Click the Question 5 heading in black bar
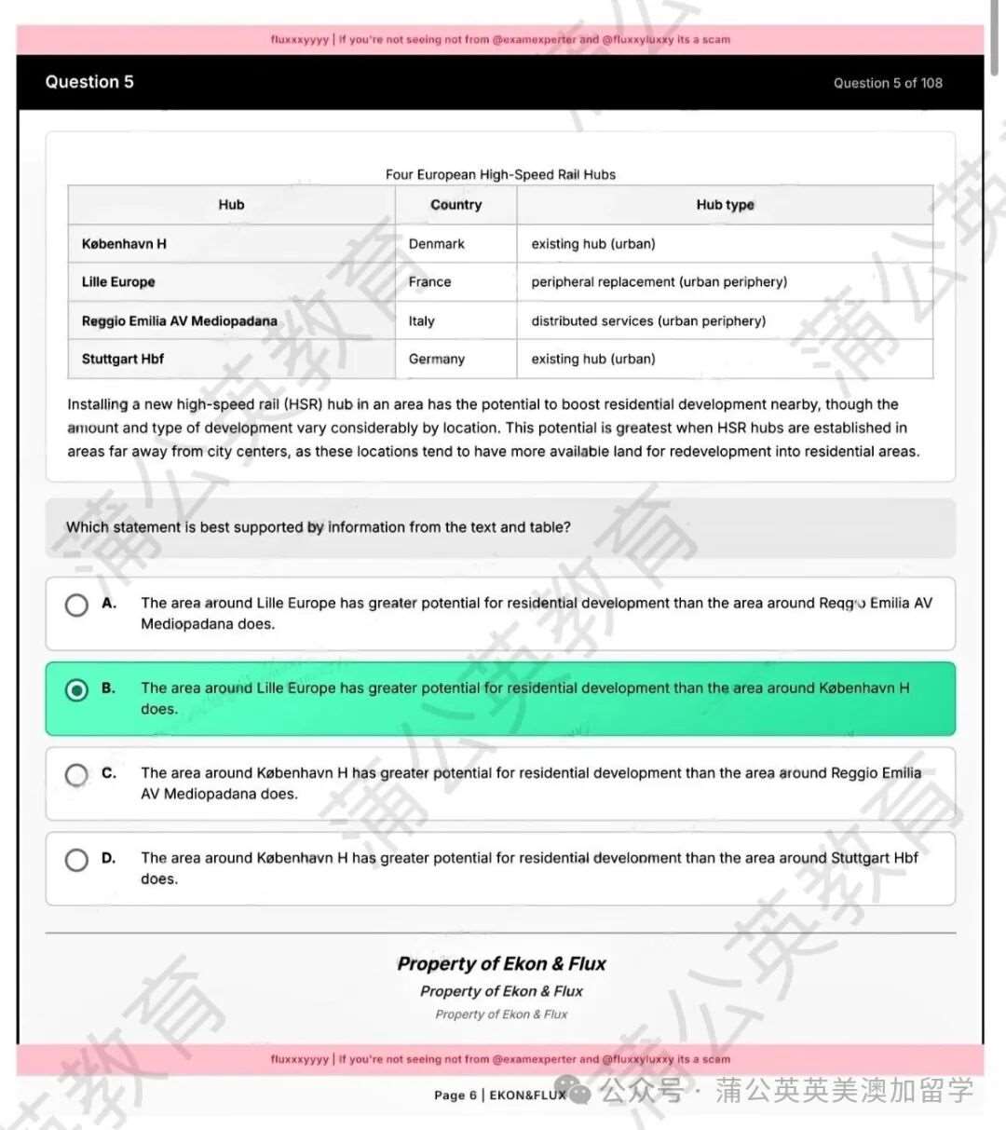[89, 82]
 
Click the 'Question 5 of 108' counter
[887, 83]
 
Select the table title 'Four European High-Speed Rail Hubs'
[500, 174]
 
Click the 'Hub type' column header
[725, 205]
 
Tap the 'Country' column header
[455, 205]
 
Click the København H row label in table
[124, 244]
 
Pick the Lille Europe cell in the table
[118, 282]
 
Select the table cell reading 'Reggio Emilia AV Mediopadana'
[179, 321]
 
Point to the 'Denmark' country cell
[436, 244]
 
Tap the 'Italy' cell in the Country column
[421, 321]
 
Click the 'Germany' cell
[436, 360]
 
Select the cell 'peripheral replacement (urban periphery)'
[659, 282]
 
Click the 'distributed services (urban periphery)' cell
[648, 321]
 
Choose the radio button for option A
[76, 605]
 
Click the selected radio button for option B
[76, 689]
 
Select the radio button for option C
[76, 774]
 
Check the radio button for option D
[76, 860]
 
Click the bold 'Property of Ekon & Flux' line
[501, 964]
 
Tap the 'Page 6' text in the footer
[455, 1096]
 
